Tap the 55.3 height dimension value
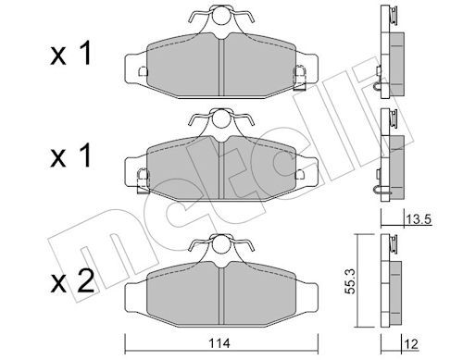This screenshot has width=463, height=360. pos(350,280)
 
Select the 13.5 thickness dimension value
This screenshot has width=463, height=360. pos(419,219)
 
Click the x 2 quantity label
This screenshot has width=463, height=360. pos(72,282)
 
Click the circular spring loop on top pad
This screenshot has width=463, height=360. pos(221,15)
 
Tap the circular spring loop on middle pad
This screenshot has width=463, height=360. pos(221,118)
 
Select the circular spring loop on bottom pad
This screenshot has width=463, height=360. pos(221,243)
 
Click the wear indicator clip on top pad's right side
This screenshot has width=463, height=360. pos(299,77)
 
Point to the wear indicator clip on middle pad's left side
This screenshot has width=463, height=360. pos(143,180)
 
